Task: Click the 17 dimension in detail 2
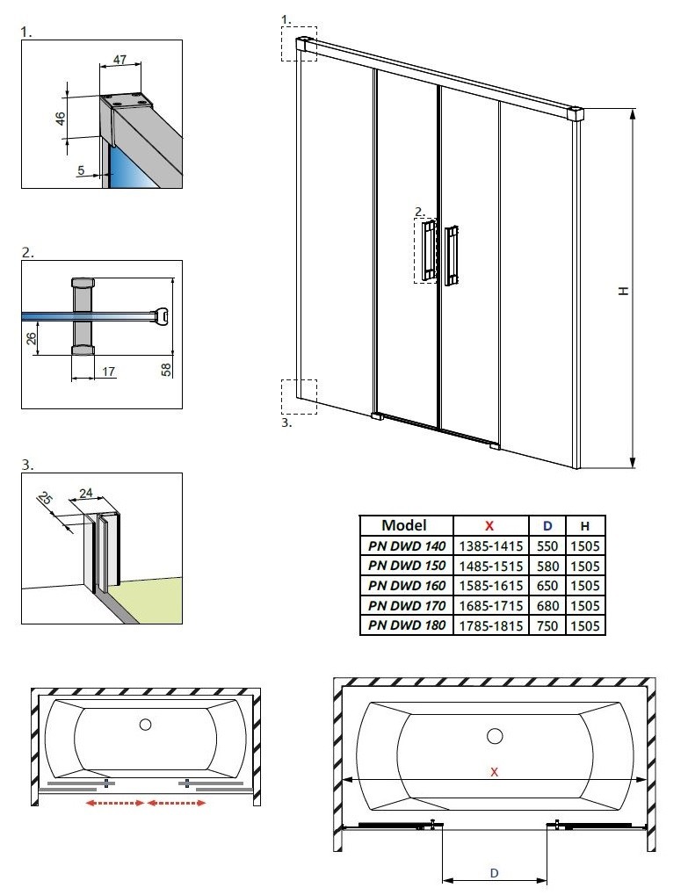click(108, 372)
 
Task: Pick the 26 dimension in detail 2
click(32, 339)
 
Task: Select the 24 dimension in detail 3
click(85, 494)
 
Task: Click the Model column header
click(404, 525)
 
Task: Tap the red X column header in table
click(489, 525)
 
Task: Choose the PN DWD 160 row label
click(407, 586)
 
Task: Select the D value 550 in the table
click(547, 545)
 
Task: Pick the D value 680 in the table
click(547, 606)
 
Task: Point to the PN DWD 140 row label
click(407, 545)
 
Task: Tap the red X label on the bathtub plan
click(495, 772)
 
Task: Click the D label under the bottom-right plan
click(495, 873)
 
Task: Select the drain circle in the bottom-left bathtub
click(146, 725)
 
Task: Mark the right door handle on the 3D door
click(453, 256)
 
